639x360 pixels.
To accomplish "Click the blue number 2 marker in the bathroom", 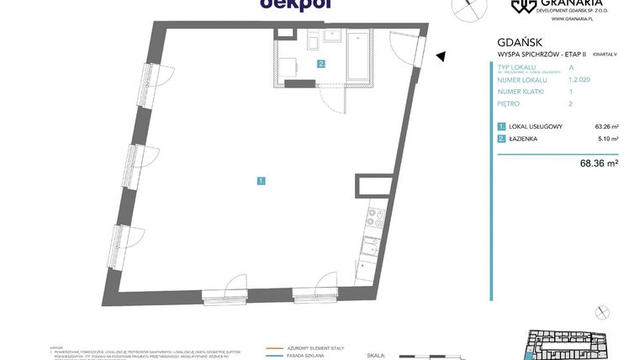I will pyautogui.click(x=320, y=64).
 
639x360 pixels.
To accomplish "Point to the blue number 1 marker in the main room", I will pyautogui.click(x=261, y=180).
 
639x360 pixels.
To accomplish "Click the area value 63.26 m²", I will pyautogui.click(x=606, y=127).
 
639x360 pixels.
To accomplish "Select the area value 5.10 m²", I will pyautogui.click(x=608, y=139).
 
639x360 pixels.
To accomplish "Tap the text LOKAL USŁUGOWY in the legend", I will pyautogui.click(x=536, y=127).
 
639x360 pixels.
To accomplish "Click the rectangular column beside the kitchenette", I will pyautogui.click(x=372, y=189).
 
